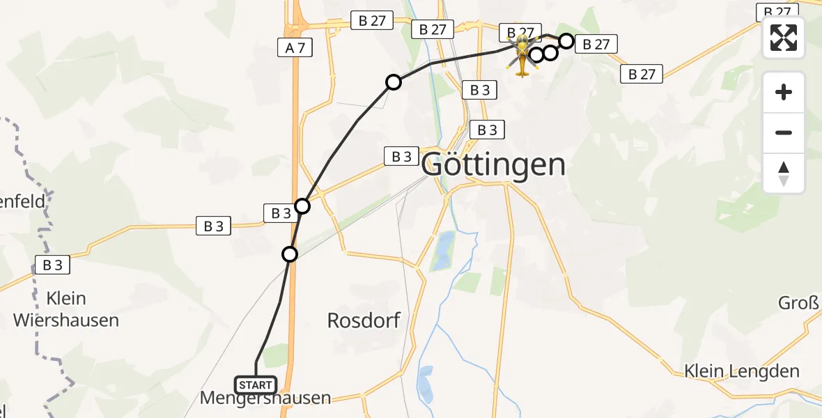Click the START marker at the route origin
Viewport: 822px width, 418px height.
(x=256, y=385)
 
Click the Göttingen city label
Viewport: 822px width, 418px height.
(x=493, y=165)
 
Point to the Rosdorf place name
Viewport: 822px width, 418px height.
(x=364, y=320)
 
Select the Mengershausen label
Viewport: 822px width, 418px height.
(x=265, y=398)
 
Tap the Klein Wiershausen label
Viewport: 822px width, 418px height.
(x=67, y=309)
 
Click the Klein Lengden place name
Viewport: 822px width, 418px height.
(x=741, y=371)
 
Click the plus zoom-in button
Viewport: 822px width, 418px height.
(x=784, y=93)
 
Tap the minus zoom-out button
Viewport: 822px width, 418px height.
(x=784, y=133)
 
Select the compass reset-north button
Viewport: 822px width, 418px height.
(x=784, y=173)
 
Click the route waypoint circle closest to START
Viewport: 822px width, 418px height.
(x=290, y=254)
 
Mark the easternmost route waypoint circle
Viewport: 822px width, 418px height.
(x=566, y=42)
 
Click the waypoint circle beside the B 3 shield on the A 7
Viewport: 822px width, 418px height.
(x=302, y=206)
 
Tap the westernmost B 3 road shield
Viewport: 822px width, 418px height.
(x=52, y=265)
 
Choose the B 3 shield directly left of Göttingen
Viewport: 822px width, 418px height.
(x=401, y=156)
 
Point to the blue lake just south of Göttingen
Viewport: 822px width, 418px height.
(x=442, y=251)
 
